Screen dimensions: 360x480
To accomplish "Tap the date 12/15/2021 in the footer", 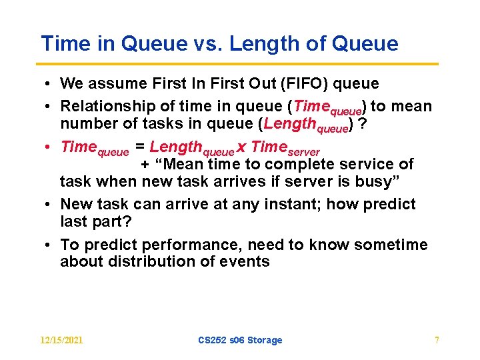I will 61,340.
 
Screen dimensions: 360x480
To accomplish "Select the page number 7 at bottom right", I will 437,340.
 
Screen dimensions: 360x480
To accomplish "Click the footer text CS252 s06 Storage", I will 240,340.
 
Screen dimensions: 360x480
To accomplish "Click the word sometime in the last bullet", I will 391,245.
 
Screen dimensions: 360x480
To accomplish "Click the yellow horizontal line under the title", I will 239,65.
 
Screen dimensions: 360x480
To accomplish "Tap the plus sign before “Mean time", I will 145,165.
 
